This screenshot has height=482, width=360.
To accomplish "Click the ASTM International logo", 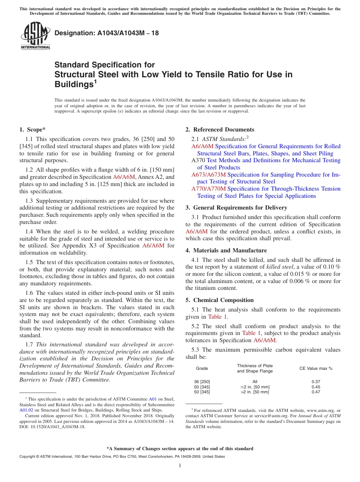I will [35, 36].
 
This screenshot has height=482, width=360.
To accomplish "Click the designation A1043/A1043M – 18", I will [106, 33].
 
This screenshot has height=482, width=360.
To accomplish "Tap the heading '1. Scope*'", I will [33, 130].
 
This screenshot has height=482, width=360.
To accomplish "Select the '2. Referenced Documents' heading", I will [220, 130].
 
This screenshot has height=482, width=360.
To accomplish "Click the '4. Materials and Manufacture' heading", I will [226, 250].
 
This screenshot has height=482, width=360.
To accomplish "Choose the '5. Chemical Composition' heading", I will [219, 300].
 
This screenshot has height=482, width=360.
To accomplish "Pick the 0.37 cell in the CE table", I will [316, 382].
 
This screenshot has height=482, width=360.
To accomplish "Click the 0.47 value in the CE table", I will [316, 392].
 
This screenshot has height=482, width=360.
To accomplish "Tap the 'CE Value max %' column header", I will [316, 368].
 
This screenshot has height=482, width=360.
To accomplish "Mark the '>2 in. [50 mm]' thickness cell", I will [255, 392].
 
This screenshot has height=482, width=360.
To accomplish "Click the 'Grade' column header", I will [202, 368].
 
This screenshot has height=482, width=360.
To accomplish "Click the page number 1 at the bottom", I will [180, 466].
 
